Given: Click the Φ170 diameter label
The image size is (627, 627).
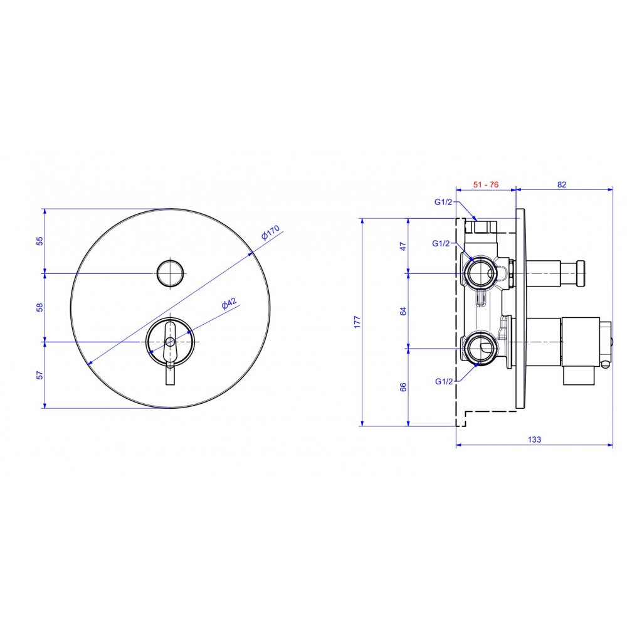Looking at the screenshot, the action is point(270,233).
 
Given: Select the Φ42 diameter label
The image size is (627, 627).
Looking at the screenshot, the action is point(229,303).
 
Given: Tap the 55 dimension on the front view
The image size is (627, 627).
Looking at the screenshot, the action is point(40,241).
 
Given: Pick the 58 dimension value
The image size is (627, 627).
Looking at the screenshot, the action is point(40,307).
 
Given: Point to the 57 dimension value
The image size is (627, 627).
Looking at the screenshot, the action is point(40,375).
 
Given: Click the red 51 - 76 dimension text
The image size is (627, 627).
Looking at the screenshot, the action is point(486,184).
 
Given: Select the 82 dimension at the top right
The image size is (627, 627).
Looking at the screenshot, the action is point(562,184).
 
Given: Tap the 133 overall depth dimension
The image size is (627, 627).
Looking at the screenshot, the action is point(534,440).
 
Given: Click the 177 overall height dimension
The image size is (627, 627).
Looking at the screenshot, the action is point(357,322).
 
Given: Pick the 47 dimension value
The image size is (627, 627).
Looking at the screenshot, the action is point(403,246).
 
